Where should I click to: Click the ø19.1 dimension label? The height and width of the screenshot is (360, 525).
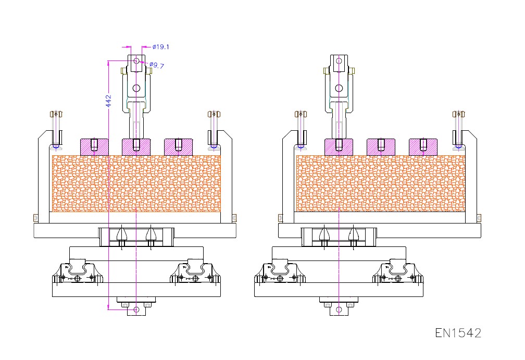161,47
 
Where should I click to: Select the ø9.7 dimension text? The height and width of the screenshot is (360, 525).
157,66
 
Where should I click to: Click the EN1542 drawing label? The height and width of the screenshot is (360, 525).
458,332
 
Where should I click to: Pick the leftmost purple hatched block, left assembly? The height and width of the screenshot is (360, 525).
94,146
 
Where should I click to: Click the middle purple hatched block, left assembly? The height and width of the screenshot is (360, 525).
136,146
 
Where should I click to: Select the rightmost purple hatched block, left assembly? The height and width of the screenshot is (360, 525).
178,146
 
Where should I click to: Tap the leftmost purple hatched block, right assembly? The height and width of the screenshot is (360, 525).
339,146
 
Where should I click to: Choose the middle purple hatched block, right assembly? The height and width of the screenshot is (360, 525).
381,146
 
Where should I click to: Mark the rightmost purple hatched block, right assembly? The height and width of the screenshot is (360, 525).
423,146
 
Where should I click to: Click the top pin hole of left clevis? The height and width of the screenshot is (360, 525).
136,61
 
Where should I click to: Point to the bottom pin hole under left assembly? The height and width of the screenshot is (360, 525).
136,309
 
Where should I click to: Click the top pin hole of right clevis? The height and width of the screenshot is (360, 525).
339,61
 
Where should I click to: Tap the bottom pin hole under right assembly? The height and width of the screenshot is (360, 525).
339,309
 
